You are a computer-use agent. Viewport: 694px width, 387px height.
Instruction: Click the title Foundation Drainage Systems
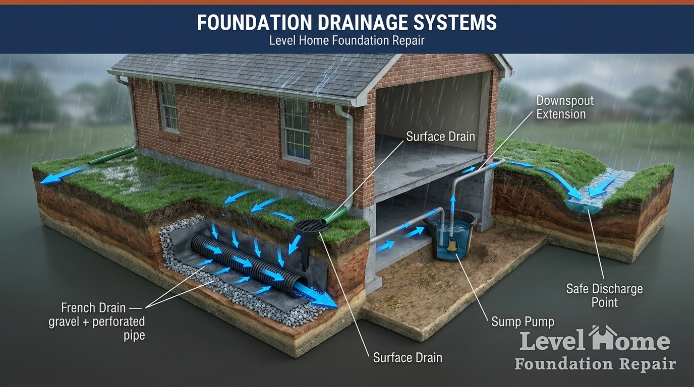[346, 22]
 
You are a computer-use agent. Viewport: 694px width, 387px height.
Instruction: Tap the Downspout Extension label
[565, 107]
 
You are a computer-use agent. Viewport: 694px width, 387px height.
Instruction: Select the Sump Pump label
[523, 321]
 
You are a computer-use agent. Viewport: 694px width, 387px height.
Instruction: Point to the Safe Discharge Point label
[604, 295]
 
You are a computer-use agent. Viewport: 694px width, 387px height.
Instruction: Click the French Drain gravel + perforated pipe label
[97, 321]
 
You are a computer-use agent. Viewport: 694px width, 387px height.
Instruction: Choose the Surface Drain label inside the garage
[441, 137]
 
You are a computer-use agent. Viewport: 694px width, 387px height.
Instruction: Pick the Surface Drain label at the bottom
[408, 358]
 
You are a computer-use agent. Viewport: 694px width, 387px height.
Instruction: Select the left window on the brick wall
[168, 107]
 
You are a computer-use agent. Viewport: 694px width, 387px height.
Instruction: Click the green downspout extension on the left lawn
[112, 156]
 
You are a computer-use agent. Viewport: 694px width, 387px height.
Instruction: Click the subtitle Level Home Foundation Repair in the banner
[346, 40]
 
